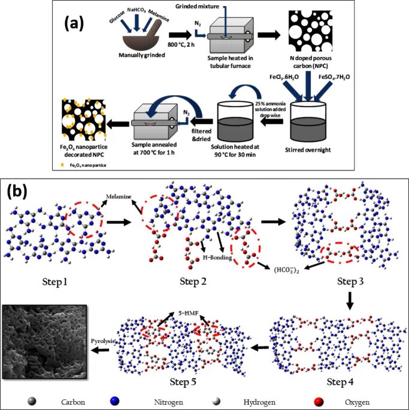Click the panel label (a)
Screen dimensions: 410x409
76,25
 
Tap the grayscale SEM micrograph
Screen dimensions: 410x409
46,340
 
